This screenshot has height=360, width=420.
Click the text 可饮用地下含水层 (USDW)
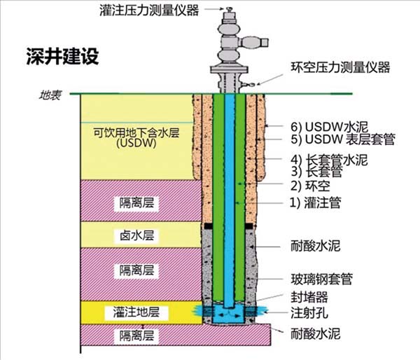[x=136, y=137]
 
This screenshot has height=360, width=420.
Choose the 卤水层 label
[x=136, y=235]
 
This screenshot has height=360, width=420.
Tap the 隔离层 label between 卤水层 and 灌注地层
[x=136, y=270]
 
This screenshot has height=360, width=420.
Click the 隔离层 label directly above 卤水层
[x=136, y=203]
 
